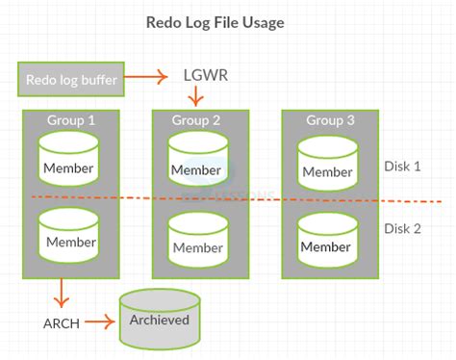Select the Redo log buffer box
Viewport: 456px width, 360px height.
tap(70, 79)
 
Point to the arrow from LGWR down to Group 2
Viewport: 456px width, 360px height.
tap(196, 96)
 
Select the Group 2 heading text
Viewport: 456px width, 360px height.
tap(196, 121)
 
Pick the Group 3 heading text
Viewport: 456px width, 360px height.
tap(328, 121)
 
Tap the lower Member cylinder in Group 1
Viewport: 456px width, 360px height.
tap(70, 236)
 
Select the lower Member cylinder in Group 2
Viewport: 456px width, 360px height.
tap(197, 240)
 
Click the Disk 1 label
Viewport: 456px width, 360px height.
tap(402, 166)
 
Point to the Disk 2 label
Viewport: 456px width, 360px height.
tap(402, 228)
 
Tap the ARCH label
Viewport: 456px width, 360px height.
tap(61, 323)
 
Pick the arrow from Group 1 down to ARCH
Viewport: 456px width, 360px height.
tap(61, 291)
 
